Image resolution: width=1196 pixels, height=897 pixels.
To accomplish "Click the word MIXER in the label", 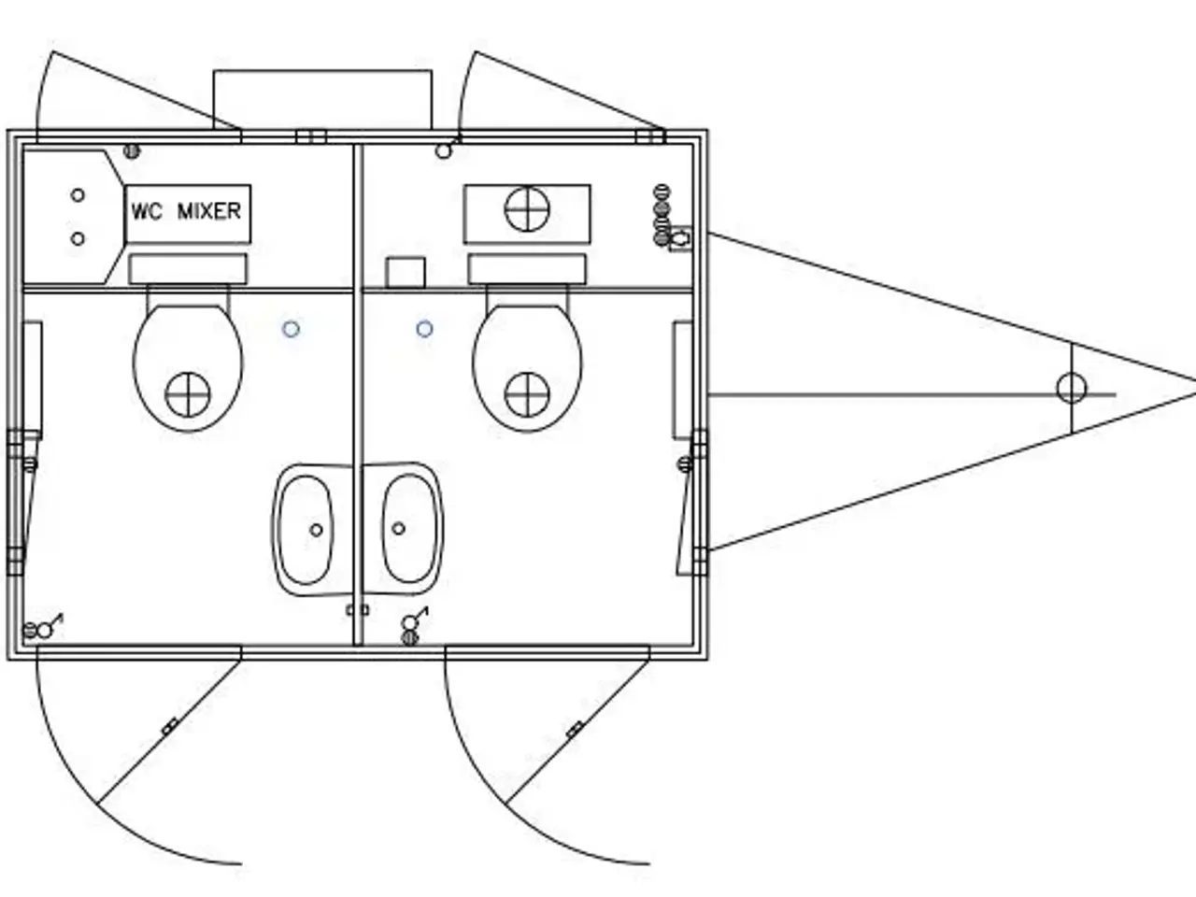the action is pos(209,211).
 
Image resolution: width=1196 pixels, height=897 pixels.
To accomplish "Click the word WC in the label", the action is pos(147,211).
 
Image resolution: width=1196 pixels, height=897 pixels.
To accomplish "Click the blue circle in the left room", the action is pos(291,329).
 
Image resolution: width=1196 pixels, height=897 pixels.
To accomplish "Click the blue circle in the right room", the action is pos(424,329).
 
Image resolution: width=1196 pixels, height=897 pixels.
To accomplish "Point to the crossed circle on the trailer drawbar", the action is pos(1071,389).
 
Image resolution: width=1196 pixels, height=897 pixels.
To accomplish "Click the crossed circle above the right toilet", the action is pos(527,208).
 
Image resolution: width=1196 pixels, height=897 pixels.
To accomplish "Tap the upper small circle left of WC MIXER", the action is pos(78,195).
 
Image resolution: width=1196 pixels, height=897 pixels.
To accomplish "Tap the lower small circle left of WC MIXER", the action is pos(78,238).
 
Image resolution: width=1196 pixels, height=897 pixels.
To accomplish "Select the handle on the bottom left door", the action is pos(170,727).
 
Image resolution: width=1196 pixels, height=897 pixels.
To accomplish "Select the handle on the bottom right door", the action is pos(575,730).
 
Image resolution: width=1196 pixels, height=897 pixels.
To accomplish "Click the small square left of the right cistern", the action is pos(406,273).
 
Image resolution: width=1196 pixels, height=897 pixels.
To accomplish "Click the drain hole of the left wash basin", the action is pos(316,530).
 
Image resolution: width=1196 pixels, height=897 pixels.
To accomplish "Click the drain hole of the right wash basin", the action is pos(398,528).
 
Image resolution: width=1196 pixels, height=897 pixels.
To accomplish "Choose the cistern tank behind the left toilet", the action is pos(188,269).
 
